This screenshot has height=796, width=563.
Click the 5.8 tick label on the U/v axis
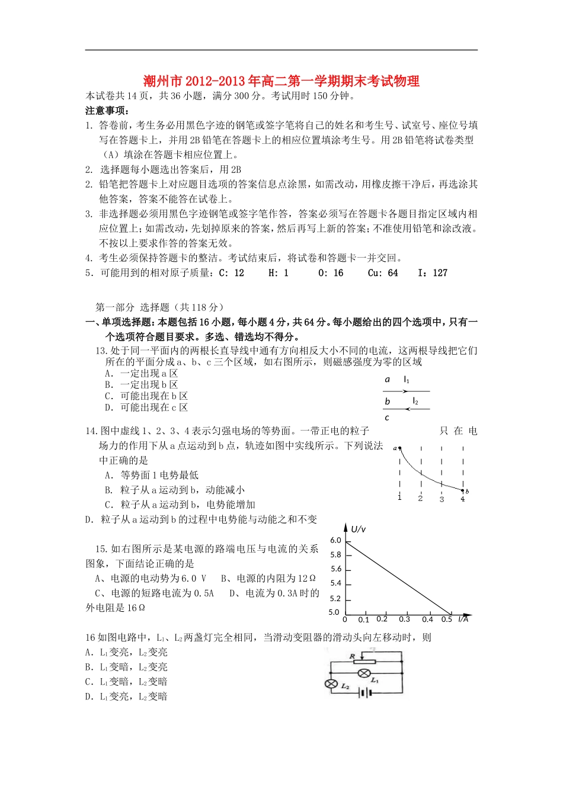click(x=335, y=555)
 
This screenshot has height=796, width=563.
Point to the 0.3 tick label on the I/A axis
click(x=404, y=620)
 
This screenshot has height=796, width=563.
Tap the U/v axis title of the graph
click(x=359, y=529)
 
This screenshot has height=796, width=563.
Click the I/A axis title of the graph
click(x=463, y=619)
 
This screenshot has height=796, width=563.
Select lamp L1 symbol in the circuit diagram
click(x=366, y=673)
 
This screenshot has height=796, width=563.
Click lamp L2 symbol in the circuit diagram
click(x=331, y=683)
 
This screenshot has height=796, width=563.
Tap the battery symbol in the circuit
click(x=364, y=694)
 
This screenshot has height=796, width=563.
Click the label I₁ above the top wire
click(x=407, y=380)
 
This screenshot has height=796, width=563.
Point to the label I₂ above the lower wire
click(x=415, y=402)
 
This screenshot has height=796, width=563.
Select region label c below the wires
click(x=387, y=418)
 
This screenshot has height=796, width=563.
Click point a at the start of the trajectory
click(x=399, y=448)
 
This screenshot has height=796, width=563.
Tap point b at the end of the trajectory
click(x=464, y=490)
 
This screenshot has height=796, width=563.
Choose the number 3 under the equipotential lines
click(x=442, y=499)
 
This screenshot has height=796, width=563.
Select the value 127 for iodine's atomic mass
click(x=440, y=273)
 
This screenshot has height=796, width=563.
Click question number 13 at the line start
click(x=101, y=351)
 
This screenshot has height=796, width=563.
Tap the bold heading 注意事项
click(x=107, y=111)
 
